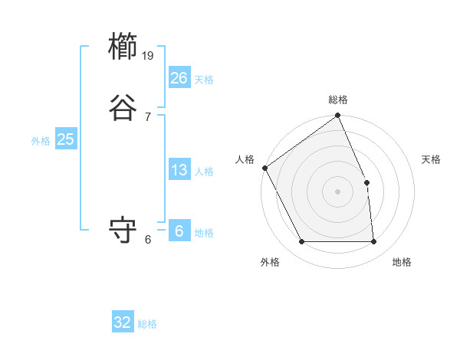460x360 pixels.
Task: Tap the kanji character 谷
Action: [x=123, y=107]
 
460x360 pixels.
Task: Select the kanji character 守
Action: [x=123, y=230]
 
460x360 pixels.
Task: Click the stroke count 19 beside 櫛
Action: [x=148, y=56]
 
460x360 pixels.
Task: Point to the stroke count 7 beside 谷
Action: [x=148, y=116]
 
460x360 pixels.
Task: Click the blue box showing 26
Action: [x=179, y=78]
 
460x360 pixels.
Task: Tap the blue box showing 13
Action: [x=179, y=170]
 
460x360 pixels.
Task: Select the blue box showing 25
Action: [x=65, y=139]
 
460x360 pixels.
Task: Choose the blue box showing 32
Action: [x=123, y=322]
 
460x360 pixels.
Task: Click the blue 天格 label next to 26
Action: [x=204, y=80]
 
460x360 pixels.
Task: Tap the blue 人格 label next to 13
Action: [x=204, y=172]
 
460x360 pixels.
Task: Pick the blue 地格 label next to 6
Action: [x=204, y=233]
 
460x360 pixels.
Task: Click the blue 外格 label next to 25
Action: [x=41, y=141]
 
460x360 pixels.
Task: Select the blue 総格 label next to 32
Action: [x=147, y=324]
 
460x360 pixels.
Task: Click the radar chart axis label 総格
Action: [x=338, y=100]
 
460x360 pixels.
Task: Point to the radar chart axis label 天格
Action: [x=432, y=159]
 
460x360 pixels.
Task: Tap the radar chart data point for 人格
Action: [x=264, y=168]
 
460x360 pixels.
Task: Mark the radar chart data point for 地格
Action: [x=373, y=242]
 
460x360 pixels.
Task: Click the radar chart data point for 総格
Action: [x=338, y=116]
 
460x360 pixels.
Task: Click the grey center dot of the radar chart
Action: [x=337, y=191]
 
